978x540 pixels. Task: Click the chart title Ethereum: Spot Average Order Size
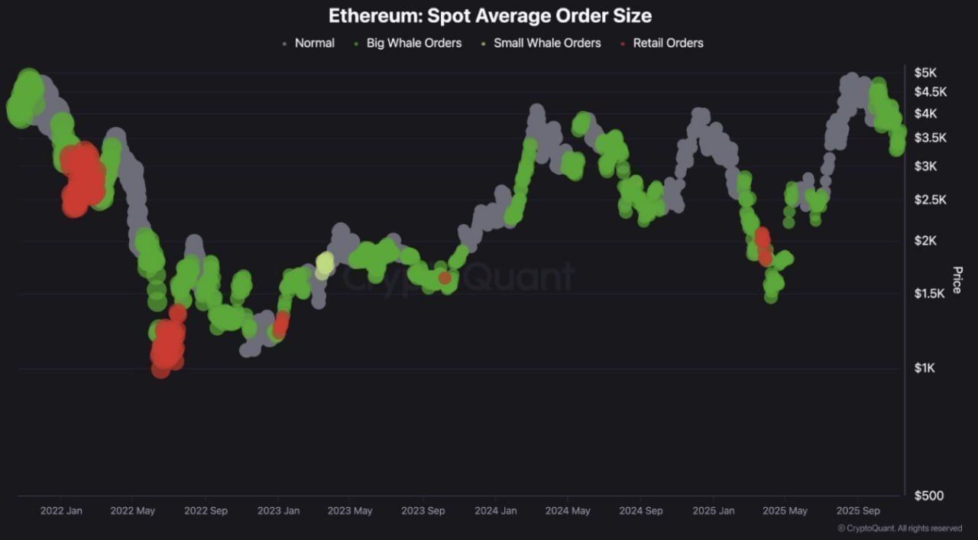pos(490,15)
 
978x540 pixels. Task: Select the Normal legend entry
pos(314,43)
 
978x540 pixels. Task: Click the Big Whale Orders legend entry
pos(413,43)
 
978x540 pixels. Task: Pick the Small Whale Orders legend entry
pos(546,43)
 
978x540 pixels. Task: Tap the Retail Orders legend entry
pos(667,43)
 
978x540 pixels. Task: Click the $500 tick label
pos(928,496)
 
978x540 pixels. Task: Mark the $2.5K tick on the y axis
pos(930,200)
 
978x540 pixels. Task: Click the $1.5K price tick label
pos(930,294)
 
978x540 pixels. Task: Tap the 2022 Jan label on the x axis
pos(61,511)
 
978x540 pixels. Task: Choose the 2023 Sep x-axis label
pos(423,511)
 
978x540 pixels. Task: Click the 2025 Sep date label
pos(858,511)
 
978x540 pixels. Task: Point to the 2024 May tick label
pos(568,511)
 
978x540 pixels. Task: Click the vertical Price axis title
pos(957,280)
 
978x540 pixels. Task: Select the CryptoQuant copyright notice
pos(899,529)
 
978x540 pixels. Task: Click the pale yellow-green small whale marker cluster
pos(325,264)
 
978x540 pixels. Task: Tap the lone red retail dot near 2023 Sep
pos(445,278)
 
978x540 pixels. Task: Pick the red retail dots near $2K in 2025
pos(763,243)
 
